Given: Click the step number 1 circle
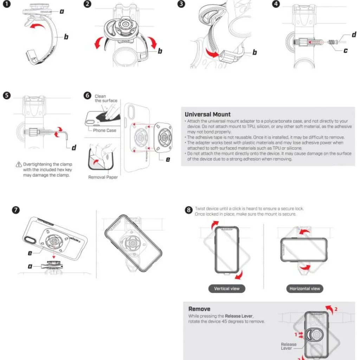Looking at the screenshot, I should click(7, 5).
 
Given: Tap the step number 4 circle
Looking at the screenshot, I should click(276, 5).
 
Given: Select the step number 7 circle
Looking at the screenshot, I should click(16, 210).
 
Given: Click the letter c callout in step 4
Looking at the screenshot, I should click(346, 51).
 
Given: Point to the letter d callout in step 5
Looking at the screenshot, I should click(74, 148).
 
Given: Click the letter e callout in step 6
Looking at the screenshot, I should click(168, 159).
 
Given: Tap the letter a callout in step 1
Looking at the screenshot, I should click(62, 11).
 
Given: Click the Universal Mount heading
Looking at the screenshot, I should click(208, 114).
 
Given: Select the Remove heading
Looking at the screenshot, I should click(199, 309).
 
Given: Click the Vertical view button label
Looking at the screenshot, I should click(227, 289).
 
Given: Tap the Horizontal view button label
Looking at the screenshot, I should click(305, 289).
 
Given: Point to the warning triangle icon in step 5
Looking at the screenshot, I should click(19, 165).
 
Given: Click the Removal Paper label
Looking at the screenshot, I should click(103, 177).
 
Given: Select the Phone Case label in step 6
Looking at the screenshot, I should click(104, 130).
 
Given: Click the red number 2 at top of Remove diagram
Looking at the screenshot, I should click(336, 309).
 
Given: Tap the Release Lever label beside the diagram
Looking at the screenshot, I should click(289, 346).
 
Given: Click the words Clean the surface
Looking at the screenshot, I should click(105, 98).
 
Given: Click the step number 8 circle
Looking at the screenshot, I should click(189, 210).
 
